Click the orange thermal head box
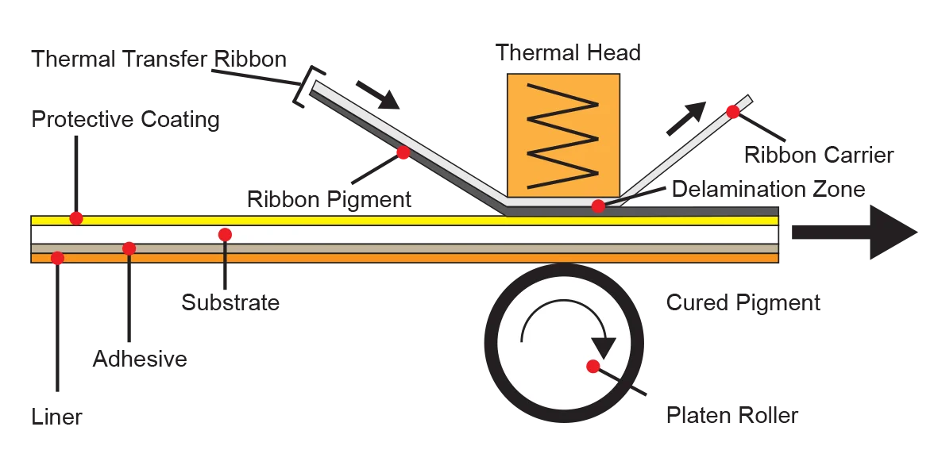point(563,133)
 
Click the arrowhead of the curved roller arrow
point(604,348)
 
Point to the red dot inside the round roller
point(593,366)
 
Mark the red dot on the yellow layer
point(76,217)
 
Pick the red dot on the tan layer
point(129,248)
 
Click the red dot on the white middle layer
point(225,234)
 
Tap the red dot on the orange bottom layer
point(57,258)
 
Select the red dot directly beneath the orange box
point(598,206)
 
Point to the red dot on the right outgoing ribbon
point(732,112)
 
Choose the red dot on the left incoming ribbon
point(403,152)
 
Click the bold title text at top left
point(156,58)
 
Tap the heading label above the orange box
point(567,52)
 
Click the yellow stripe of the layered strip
point(397,221)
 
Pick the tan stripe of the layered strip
point(397,248)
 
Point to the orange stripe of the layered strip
point(397,258)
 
